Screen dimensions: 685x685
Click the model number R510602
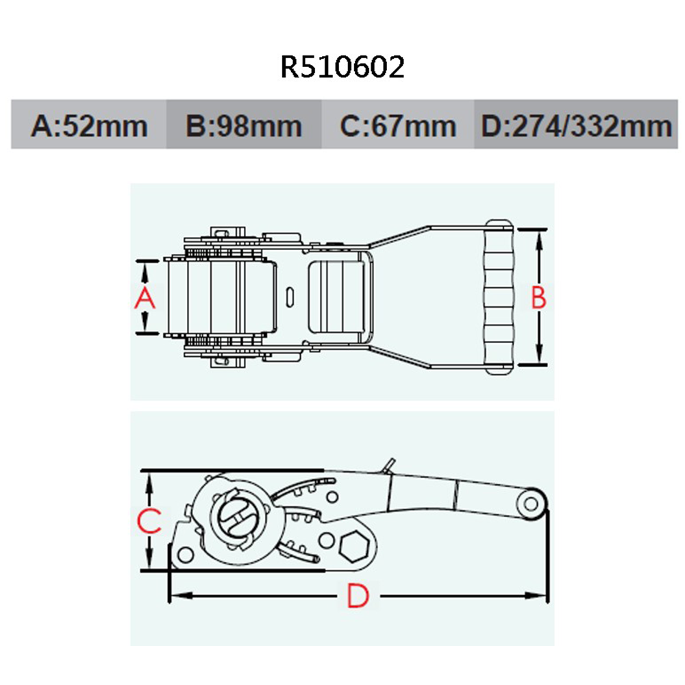(x=342, y=68)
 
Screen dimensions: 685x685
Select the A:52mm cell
(x=89, y=125)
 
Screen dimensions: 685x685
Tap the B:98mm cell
(x=244, y=125)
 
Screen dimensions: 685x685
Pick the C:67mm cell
(x=398, y=125)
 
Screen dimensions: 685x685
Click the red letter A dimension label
(x=145, y=298)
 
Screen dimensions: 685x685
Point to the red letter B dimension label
(x=539, y=297)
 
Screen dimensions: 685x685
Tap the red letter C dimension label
(x=149, y=521)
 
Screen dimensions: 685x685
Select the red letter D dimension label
(x=357, y=597)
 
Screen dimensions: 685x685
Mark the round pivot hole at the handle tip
(x=530, y=504)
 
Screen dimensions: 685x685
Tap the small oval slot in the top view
(x=290, y=297)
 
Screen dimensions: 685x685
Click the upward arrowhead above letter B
(x=539, y=237)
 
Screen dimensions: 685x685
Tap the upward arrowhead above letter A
(x=145, y=268)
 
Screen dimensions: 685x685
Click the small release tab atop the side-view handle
(x=389, y=465)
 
